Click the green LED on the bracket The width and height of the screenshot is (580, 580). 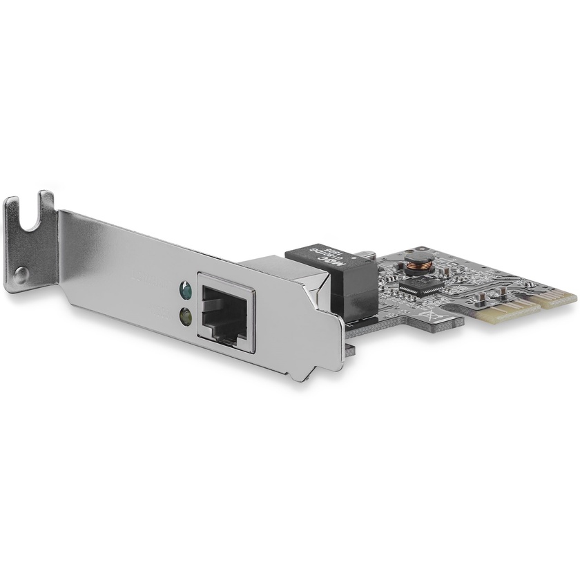pyautogui.click(x=184, y=288)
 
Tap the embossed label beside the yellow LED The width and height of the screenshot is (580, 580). pyautogui.click(x=160, y=310)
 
